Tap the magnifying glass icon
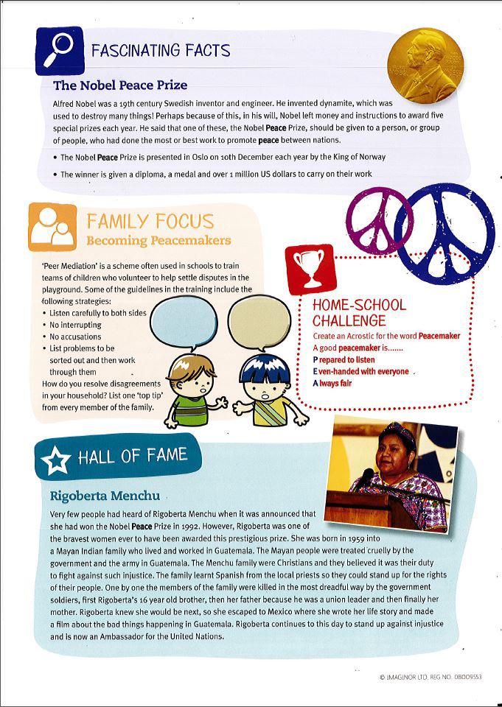tap(59, 49)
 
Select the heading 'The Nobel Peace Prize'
tap(120, 85)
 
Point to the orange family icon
tap(53, 226)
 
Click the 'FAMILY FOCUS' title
tap(150, 221)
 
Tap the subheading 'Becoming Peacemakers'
tap(158, 241)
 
